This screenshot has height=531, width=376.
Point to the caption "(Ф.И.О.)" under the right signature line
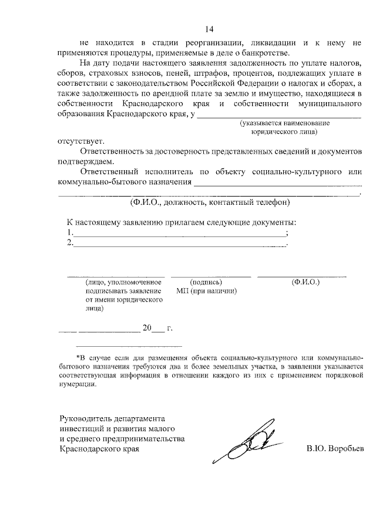click(305, 282)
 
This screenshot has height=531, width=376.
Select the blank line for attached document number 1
click(179, 234)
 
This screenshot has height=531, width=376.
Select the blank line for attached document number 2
click(179, 243)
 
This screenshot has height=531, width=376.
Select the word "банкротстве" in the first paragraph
click(250, 51)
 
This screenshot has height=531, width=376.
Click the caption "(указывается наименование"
click(284, 124)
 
